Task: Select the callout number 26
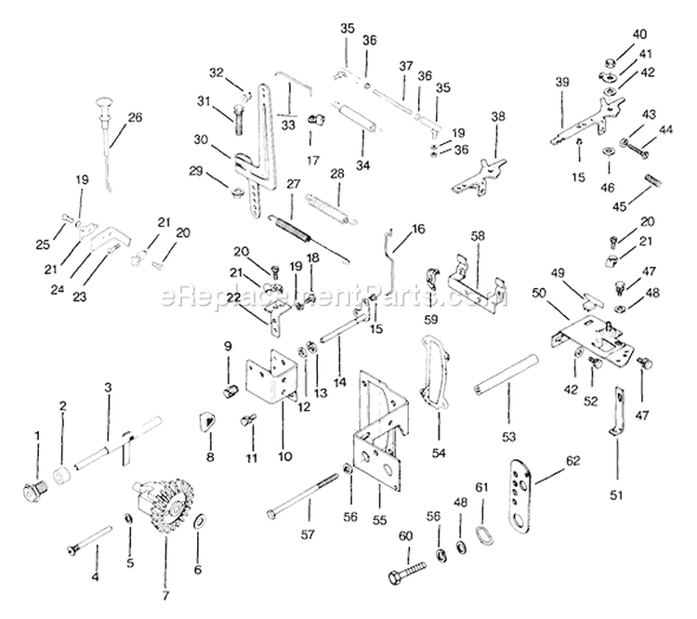[136, 117]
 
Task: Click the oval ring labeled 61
[481, 537]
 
